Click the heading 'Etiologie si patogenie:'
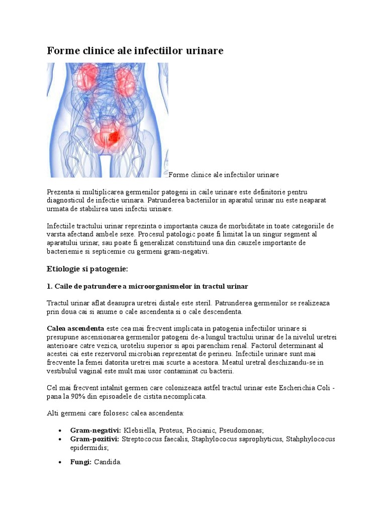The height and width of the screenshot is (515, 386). tap(87, 270)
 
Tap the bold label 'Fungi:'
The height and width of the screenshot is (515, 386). tap(80, 462)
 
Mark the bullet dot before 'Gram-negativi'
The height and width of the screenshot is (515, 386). tap(60, 431)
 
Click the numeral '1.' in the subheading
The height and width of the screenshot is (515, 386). tap(50, 287)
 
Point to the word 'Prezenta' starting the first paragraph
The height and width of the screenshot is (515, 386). tap(60, 192)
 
